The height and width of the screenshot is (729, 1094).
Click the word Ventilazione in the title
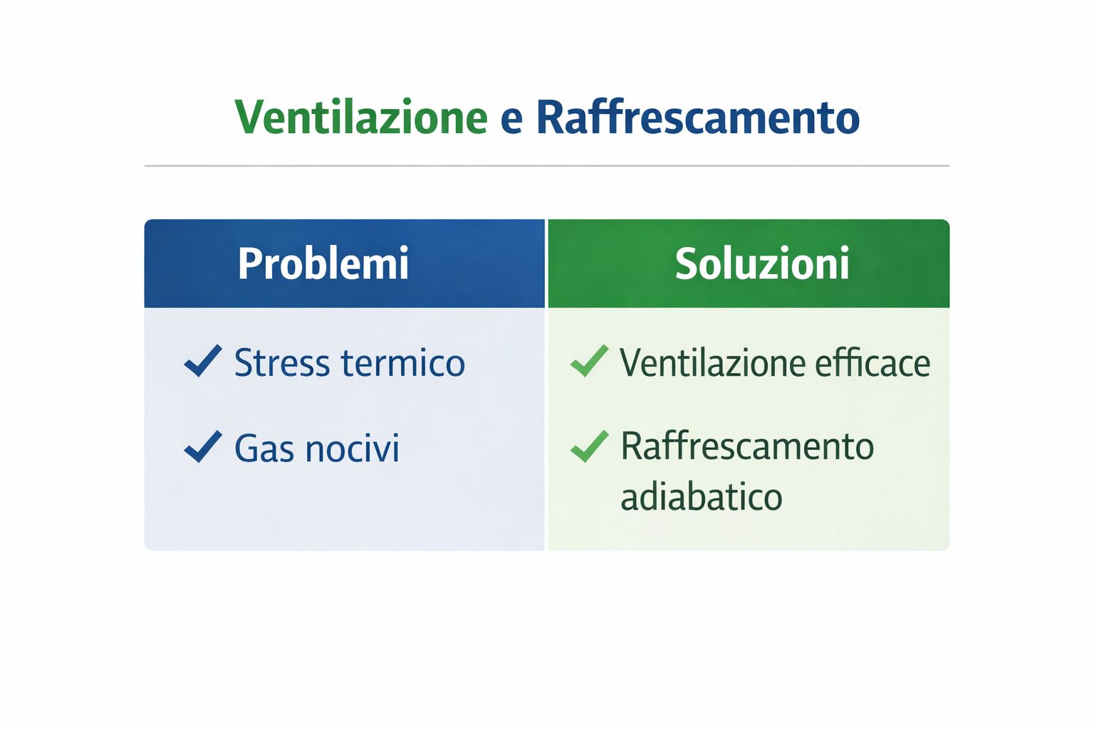[x=361, y=117]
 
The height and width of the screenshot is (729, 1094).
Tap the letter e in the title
[x=511, y=121]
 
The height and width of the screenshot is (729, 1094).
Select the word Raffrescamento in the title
[x=698, y=117]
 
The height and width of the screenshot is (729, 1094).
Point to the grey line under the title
[x=547, y=166]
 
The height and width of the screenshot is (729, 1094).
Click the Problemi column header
[x=323, y=263]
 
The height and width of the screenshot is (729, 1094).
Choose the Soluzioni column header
[x=762, y=263]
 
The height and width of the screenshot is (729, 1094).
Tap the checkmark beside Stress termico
[x=203, y=361]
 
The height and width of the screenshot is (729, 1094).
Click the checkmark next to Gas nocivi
[x=203, y=446]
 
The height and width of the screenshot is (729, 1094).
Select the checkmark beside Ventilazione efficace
[x=590, y=361]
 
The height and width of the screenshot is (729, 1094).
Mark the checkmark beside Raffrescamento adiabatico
[x=590, y=446]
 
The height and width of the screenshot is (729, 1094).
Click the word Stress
[x=282, y=363]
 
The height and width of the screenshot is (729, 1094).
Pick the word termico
[x=403, y=363]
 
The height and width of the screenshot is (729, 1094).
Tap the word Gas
[x=264, y=449]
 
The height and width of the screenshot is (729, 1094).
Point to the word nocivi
[x=352, y=449]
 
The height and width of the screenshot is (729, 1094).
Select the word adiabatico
[x=702, y=497]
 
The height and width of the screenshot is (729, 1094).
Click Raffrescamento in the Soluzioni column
[x=747, y=446]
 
